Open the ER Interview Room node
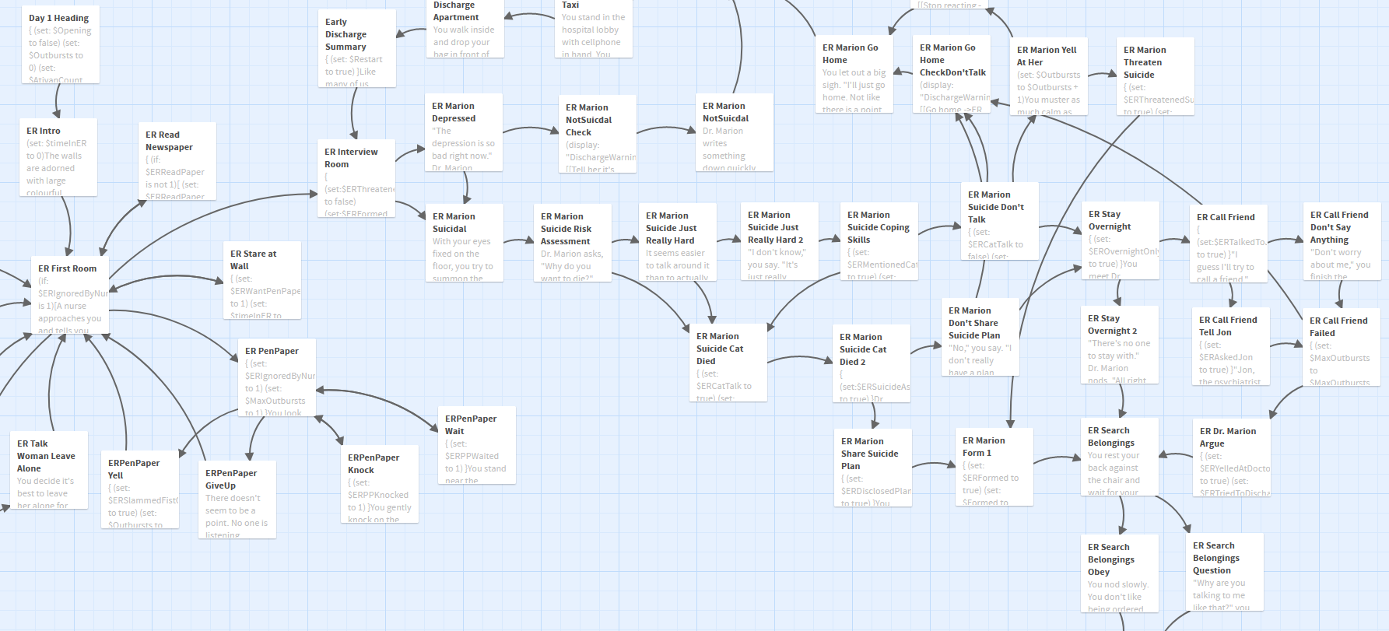pos(356,178)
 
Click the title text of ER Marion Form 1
pos(984,447)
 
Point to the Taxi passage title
pos(570,5)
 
